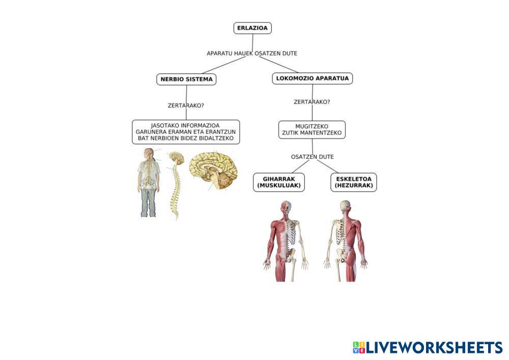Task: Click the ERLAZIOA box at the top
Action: [x=252, y=29]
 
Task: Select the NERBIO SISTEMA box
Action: [x=186, y=79]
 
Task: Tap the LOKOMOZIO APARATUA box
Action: [x=313, y=78]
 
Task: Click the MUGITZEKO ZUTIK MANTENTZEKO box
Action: [x=312, y=129]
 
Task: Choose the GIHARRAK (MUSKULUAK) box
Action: [x=279, y=182]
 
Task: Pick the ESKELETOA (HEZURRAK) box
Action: [x=355, y=182]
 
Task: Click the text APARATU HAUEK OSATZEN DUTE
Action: [x=252, y=53]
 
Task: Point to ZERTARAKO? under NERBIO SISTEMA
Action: [x=186, y=106]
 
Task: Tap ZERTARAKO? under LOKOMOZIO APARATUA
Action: [x=312, y=102]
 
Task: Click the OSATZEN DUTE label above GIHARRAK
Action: [x=313, y=156]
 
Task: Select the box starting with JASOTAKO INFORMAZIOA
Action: [x=186, y=132]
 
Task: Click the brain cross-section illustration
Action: [x=214, y=171]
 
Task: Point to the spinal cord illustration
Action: [x=176, y=183]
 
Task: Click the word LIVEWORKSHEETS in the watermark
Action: [x=434, y=348]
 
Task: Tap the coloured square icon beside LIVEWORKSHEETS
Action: [x=358, y=348]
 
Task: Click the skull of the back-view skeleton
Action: [x=346, y=206]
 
